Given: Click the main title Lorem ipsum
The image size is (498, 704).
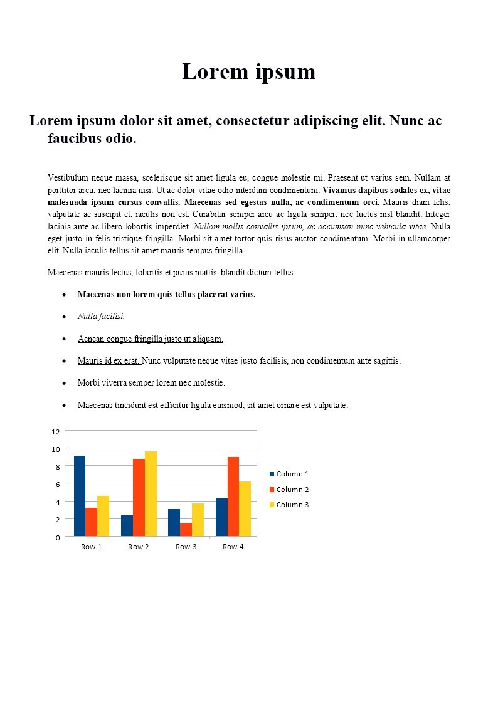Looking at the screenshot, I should [248, 71].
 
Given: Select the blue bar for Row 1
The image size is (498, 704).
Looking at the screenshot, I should [80, 496].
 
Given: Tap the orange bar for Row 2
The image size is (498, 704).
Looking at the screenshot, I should [139, 497].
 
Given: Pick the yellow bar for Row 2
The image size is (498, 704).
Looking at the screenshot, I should [151, 493].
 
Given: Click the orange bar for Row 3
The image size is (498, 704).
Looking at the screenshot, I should [186, 529].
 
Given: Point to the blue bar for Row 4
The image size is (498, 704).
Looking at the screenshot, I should [221, 517].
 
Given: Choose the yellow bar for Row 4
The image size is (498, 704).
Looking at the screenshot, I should [245, 508].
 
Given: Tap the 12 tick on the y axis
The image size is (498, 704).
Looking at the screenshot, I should [56, 432].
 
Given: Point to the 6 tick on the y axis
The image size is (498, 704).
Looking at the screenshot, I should [56, 485].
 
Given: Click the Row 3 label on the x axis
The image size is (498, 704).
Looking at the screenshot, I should [186, 547].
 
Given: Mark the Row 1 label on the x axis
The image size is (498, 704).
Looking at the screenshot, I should [92, 547].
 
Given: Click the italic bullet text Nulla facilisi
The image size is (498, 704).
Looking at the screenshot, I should [101, 317].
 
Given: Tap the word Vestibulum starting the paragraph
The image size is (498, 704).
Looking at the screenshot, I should [68, 177].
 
